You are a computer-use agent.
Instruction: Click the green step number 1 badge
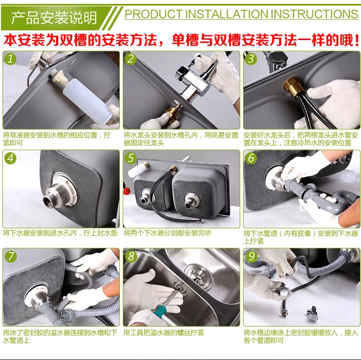click(x=10, y=59)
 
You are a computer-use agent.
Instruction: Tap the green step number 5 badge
click(x=130, y=158)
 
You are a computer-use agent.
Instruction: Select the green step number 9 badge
click(x=251, y=256)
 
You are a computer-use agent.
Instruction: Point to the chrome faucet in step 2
click(x=193, y=80)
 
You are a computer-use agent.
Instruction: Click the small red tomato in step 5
click(x=127, y=191)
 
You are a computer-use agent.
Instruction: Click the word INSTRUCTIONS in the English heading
click(x=314, y=14)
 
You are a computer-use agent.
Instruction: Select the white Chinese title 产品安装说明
click(x=54, y=18)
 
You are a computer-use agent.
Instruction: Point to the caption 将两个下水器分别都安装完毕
click(x=168, y=233)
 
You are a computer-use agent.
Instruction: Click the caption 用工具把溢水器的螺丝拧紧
click(x=164, y=333)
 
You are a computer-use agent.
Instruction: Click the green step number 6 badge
click(x=251, y=158)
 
